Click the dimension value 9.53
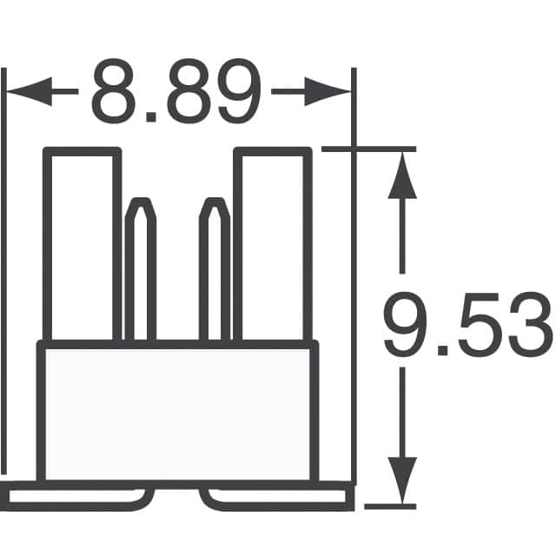[x=467, y=328]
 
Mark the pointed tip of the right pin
[x=215, y=203]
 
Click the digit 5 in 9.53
[x=474, y=328]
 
